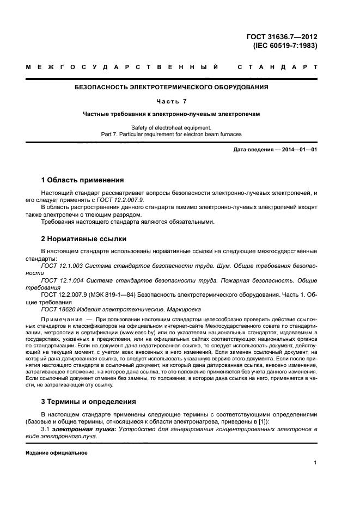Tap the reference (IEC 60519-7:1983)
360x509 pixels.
[x=285, y=46]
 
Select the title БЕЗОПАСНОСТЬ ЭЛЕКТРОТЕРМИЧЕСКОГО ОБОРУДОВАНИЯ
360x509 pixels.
[x=171, y=87]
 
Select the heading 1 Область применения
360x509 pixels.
[x=82, y=180]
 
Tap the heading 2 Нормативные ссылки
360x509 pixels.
[x=84, y=238]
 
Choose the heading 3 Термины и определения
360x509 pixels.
[x=89, y=402]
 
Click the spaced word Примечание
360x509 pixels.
[x=60, y=318]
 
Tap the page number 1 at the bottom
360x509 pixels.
[x=315, y=463]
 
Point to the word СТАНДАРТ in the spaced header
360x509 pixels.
[x=278, y=68]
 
